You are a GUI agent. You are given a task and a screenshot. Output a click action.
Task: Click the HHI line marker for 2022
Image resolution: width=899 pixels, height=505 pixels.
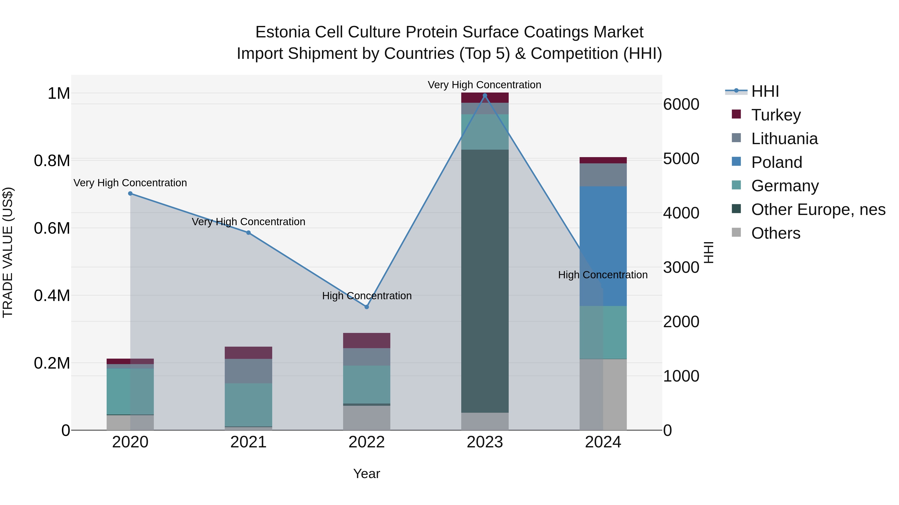pyautogui.click(x=366, y=307)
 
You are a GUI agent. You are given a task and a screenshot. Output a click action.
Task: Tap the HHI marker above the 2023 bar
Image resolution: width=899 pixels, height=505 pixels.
pyautogui.click(x=485, y=96)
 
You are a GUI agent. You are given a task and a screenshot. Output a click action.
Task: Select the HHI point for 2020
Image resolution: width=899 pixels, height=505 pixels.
pyautogui.click(x=130, y=194)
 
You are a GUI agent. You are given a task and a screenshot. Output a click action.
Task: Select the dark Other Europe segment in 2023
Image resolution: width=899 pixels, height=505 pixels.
pyautogui.click(x=485, y=279)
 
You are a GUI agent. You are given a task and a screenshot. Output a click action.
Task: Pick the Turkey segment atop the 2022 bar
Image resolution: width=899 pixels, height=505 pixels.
pyautogui.click(x=366, y=340)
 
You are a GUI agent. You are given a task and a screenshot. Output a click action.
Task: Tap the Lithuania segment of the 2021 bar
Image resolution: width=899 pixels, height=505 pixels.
pyautogui.click(x=248, y=371)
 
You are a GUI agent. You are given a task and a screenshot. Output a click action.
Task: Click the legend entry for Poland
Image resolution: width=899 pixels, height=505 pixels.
pyautogui.click(x=776, y=162)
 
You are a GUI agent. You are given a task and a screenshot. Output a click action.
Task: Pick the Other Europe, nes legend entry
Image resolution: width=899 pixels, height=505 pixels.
pyautogui.click(x=818, y=210)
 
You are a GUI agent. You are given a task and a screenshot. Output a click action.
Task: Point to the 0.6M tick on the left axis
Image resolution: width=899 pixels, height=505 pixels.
pyautogui.click(x=52, y=228)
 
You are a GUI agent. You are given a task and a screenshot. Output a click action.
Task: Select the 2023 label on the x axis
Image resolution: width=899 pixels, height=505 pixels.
pyautogui.click(x=485, y=442)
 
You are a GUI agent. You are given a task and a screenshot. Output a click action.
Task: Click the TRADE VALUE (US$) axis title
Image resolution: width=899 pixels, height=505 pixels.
pyautogui.click(x=8, y=252)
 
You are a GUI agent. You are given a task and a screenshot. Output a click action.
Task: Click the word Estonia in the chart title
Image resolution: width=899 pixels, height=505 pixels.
pyautogui.click(x=282, y=32)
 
